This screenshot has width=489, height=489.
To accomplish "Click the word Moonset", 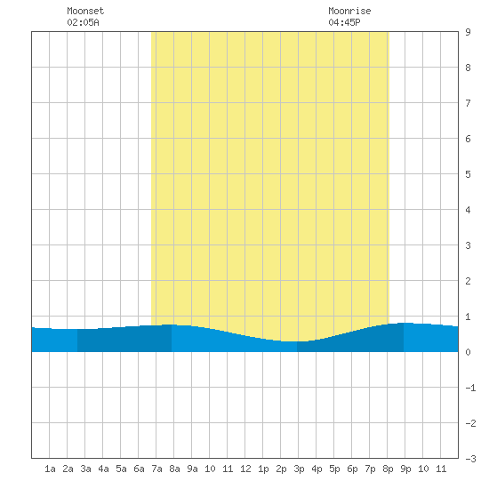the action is coord(85,11).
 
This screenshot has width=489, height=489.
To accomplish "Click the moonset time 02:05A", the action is coord(83,22).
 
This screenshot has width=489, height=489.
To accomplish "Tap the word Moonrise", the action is coord(349,11).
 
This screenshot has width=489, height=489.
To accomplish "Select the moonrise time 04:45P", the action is coord(344,22).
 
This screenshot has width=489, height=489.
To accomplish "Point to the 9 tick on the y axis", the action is coord(468,32).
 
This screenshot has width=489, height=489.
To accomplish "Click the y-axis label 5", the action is coord(468,174).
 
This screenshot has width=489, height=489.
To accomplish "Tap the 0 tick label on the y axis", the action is coord(468,352).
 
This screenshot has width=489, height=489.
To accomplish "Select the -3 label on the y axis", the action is coord(470,459).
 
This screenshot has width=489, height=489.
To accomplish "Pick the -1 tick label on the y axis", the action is coord(470,388).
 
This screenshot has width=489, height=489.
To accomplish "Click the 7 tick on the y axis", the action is coord(468,103).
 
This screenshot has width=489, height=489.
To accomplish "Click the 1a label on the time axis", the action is coord(50,469).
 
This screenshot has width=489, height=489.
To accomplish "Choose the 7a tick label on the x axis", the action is coord(156,469).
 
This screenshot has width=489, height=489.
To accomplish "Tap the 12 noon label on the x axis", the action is coord(245,469).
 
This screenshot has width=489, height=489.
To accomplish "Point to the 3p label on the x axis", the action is coord(299,469).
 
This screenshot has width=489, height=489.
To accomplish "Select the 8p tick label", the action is coord(388,469).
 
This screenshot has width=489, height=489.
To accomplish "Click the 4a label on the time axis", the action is coord(103,469).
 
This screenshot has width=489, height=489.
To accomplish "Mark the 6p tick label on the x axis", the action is coord(352,469).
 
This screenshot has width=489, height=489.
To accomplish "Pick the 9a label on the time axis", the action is coord(192,469).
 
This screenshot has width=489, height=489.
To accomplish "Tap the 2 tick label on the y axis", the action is coord(468,281).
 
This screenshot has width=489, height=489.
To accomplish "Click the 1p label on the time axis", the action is coord(263,469).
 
